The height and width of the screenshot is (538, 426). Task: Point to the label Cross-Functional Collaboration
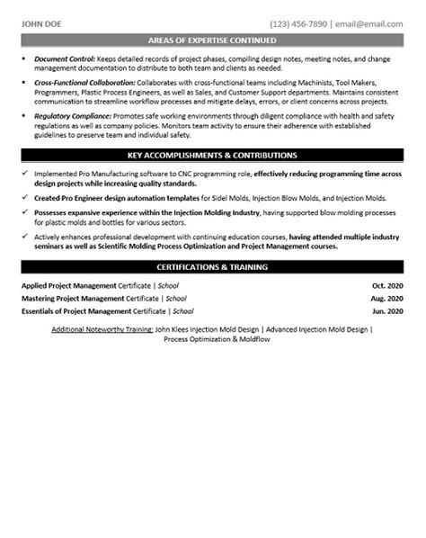(86, 81)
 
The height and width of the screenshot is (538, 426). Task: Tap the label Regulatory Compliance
(73, 117)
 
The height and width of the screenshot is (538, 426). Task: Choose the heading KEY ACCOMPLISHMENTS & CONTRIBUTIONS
(213, 156)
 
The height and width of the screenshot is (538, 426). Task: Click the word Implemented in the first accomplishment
(58, 173)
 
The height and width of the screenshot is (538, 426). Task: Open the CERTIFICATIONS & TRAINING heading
(213, 267)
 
